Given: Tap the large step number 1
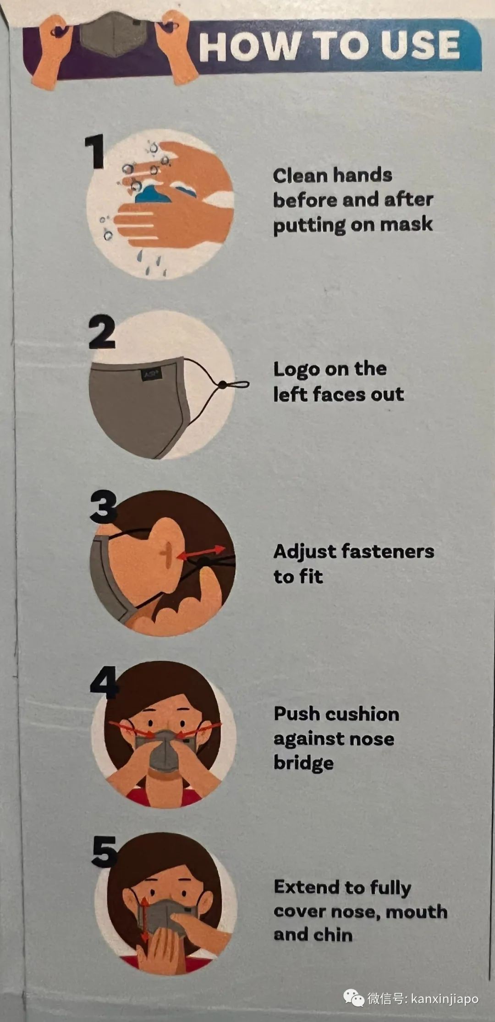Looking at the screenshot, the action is pos(95,152).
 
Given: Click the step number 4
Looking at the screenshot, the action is pos(104,682).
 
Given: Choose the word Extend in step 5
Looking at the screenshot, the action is pos(307,887).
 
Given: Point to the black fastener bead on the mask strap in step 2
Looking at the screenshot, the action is pos(222,385).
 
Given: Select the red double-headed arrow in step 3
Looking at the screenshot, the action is pos(200,552).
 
